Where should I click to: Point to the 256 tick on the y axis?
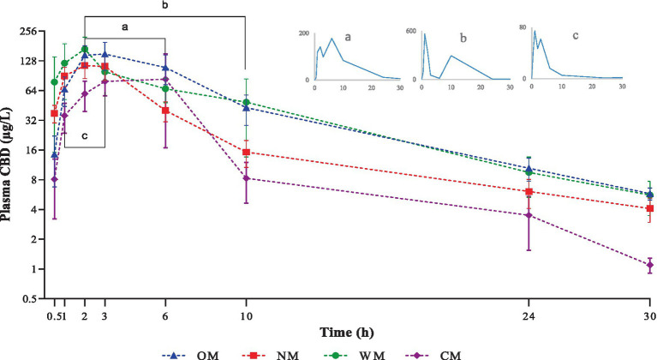(x=31, y=32)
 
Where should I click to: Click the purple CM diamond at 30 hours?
(x=649, y=265)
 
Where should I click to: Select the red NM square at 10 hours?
(x=247, y=153)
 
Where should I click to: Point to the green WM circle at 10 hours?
(x=247, y=102)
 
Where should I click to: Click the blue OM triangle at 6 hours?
(x=164, y=68)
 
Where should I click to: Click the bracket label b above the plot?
(x=164, y=6)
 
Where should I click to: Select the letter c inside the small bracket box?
(x=84, y=135)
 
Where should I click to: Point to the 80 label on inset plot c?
(x=523, y=27)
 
